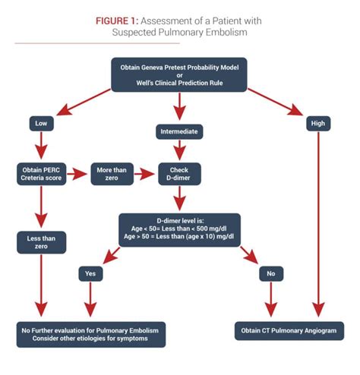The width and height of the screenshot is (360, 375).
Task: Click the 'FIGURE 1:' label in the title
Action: [120, 20]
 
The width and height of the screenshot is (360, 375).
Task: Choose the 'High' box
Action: [317, 123]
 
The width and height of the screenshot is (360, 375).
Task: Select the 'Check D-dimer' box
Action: [179, 172]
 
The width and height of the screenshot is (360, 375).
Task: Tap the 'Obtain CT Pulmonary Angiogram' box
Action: [288, 331]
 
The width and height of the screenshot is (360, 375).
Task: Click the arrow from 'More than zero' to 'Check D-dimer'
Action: [146, 173]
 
